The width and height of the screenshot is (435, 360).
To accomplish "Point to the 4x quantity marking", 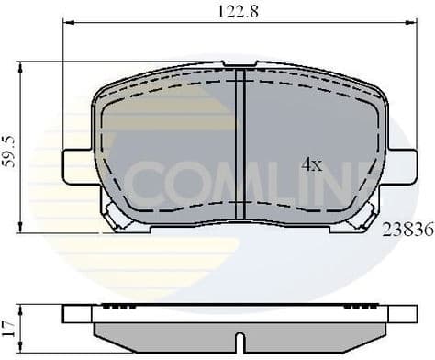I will tap(312, 165).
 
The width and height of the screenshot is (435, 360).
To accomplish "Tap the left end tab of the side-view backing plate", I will tap(77, 313).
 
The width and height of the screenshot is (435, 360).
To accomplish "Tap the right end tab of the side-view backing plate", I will tap(402, 313).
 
